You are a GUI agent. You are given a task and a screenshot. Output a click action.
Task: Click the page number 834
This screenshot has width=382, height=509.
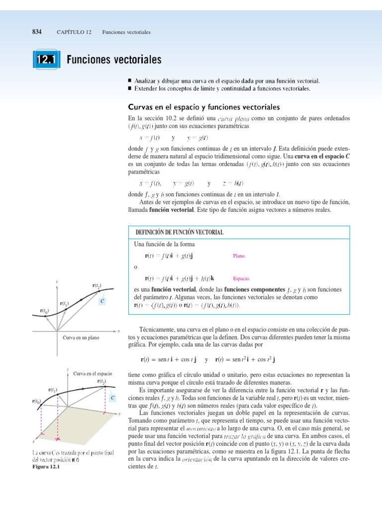(36, 32)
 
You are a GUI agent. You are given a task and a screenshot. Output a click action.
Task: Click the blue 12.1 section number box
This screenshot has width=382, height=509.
(45, 60)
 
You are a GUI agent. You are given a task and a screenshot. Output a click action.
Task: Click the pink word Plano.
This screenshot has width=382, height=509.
(239, 256)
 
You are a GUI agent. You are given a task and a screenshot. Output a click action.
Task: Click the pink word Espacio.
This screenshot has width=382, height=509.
(241, 279)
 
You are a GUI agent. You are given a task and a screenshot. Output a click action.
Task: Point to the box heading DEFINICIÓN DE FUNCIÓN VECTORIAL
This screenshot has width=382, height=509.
(180, 233)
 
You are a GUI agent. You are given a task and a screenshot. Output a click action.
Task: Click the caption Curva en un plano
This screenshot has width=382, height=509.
(81, 338)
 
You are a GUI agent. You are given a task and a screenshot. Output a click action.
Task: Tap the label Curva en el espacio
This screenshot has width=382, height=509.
(93, 373)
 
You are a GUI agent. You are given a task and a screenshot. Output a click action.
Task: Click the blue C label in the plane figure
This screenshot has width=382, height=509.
(102, 301)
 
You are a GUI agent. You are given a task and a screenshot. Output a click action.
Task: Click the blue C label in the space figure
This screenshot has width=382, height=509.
(113, 398)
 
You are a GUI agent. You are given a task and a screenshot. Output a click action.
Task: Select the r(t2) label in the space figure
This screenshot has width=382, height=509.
(101, 382)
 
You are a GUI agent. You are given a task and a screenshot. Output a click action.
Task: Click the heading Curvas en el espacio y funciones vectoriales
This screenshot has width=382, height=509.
(204, 107)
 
